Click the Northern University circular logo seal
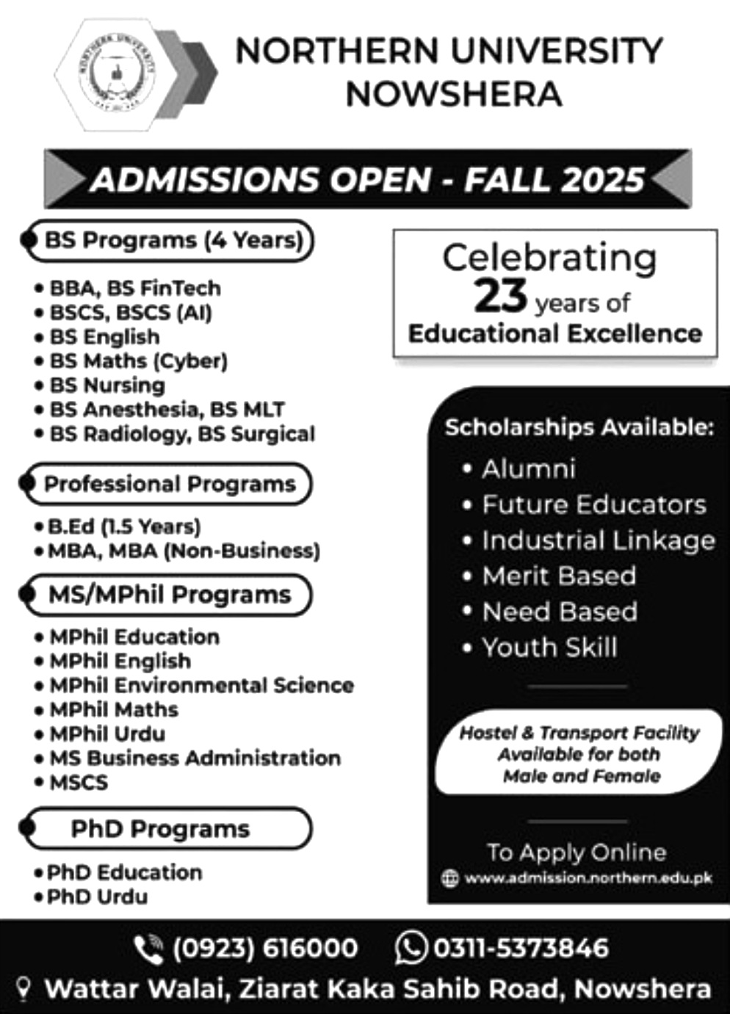pyautogui.click(x=118, y=73)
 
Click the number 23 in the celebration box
pyautogui.click(x=500, y=295)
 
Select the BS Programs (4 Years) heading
pyautogui.click(x=173, y=240)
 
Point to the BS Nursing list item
pyautogui.click(x=107, y=385)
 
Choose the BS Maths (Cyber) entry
pyautogui.click(x=138, y=361)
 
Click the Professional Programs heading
pyautogui.click(x=170, y=484)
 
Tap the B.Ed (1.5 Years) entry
pyautogui.click(x=124, y=526)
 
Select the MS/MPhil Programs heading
pyautogui.click(x=170, y=594)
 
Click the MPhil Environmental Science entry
pyautogui.click(x=201, y=685)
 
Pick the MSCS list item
pyautogui.click(x=79, y=782)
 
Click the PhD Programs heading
pyautogui.click(x=160, y=829)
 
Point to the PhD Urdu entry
pyautogui.click(x=97, y=897)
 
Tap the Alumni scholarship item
pyautogui.click(x=528, y=469)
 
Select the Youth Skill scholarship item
pyautogui.click(x=549, y=648)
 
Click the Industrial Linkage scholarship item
pyautogui.click(x=598, y=540)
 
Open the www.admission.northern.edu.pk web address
pyautogui.click(x=588, y=877)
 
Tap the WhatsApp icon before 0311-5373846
pyautogui.click(x=411, y=947)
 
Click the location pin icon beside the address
pyautogui.click(x=24, y=989)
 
